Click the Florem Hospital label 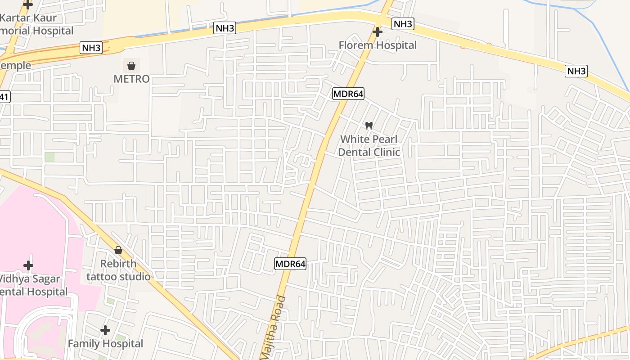378,45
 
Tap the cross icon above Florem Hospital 378,32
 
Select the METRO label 131,79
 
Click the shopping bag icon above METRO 131,66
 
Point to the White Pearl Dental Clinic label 369,145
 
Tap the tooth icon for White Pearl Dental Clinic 369,126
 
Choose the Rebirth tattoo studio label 118,270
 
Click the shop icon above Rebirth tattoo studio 118,250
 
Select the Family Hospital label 105,344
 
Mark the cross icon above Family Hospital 105,330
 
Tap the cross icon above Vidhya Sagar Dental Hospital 28,265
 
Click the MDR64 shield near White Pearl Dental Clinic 348,94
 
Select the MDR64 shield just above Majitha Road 290,264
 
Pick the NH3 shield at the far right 576,71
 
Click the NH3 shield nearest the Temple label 91,48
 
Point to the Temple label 15,65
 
